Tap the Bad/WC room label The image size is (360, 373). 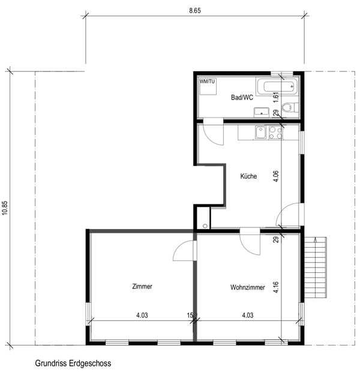click(242, 97)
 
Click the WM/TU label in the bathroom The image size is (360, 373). click(207, 80)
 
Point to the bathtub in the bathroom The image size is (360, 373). click(277, 88)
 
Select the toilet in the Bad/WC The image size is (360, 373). click(289, 108)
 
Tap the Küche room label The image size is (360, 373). click(248, 177)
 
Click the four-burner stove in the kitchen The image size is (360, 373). click(276, 132)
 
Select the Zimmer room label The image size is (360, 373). click(142, 287)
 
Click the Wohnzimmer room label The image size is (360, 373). click(247, 288)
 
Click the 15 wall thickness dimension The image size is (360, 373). click(190, 315)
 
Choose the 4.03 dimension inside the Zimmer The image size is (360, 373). click(142, 315)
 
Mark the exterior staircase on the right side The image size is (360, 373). click(319, 266)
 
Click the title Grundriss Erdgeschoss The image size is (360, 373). click(73, 363)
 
